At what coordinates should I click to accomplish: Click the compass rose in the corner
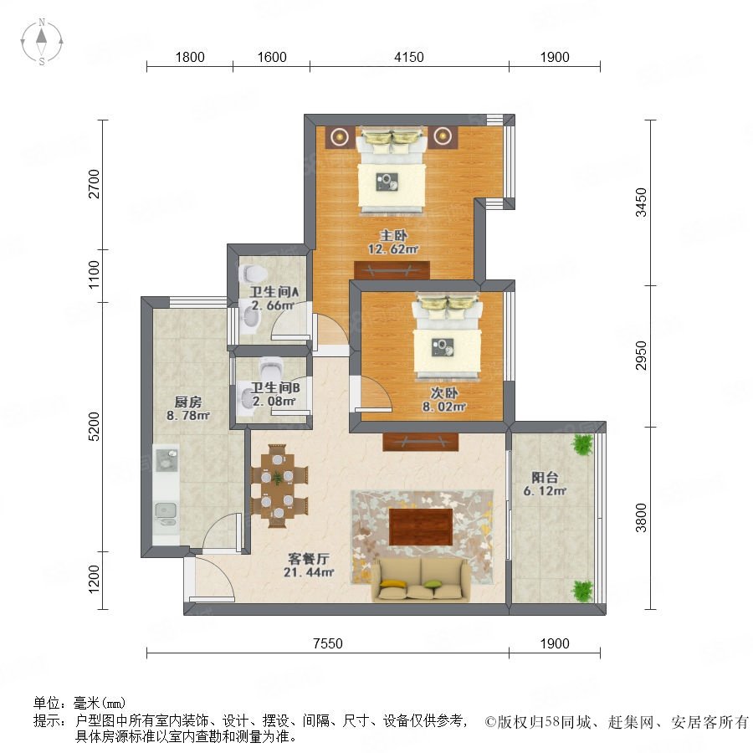pos(42,42)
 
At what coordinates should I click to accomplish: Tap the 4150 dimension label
pos(408,57)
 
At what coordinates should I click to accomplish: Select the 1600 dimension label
pos(272,57)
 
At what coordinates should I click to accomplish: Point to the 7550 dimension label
pos(327,643)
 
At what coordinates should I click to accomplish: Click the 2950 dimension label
pos(642,356)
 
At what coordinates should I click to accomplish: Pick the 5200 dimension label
pos(94,427)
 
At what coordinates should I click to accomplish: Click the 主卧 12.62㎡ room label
pos(393,242)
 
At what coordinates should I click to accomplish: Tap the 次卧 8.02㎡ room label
pos(443,400)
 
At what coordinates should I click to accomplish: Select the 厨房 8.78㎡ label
pos(188,408)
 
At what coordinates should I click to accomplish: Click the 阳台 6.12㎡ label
pos(545,484)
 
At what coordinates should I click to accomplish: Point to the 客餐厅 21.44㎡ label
pos(308,566)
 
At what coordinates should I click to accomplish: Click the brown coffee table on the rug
pos(421,527)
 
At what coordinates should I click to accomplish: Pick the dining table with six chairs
pos(278,486)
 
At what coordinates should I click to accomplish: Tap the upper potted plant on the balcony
pos(582,445)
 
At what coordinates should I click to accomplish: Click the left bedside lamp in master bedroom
pos(340,137)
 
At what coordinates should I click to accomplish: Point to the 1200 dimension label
pos(94,579)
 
